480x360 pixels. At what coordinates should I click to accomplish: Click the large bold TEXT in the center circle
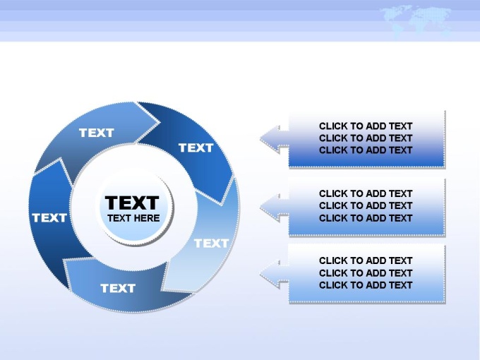click(132, 203)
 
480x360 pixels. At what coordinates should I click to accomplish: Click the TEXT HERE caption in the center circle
click(133, 218)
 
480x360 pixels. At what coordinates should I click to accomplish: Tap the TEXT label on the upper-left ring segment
click(97, 133)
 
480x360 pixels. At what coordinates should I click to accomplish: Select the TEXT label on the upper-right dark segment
click(196, 148)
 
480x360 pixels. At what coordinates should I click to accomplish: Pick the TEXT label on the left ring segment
click(49, 218)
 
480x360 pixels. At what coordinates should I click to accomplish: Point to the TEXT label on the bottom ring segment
click(118, 288)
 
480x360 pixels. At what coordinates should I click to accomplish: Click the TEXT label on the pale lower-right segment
click(212, 244)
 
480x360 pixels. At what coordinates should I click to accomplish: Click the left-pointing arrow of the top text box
click(275, 139)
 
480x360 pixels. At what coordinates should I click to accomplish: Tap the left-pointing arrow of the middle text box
click(275, 208)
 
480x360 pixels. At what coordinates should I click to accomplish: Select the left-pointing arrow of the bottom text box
click(275, 274)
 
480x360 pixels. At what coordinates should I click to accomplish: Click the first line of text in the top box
click(366, 126)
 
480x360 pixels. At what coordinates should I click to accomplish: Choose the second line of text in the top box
click(366, 138)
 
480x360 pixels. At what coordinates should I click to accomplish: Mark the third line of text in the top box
click(366, 150)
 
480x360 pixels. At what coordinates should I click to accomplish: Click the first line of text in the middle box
click(366, 193)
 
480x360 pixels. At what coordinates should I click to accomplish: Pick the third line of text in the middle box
click(366, 218)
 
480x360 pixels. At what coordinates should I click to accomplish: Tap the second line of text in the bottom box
click(366, 272)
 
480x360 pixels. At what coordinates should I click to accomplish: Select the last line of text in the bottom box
click(366, 285)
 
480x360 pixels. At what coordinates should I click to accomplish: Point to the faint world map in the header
click(416, 20)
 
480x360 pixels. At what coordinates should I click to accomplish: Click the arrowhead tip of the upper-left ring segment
click(160, 122)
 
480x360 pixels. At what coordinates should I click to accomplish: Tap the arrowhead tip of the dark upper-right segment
click(221, 205)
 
